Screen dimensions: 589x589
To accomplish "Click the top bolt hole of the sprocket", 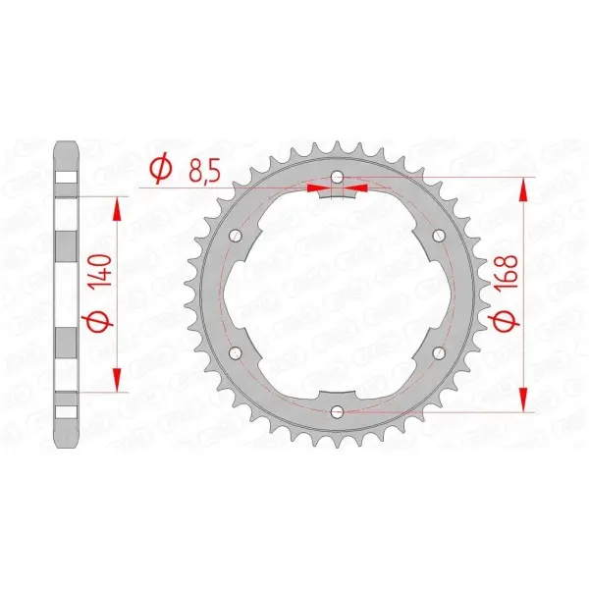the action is pos(337,177).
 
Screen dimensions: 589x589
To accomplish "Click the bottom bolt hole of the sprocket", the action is pos(337,411).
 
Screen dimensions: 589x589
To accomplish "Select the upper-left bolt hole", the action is pos(236,236).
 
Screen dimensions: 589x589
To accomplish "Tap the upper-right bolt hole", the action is pos(439,236).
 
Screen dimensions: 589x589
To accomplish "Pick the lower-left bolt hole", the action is pos(236,352).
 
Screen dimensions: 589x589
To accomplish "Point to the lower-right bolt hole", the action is pos(439,352).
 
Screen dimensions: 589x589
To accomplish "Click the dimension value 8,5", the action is pos(204,171).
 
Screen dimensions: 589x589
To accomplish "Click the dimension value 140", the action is pos(102,271).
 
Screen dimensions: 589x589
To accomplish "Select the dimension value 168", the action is pos(507,272).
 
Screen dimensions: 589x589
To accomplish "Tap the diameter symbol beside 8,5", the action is pos(161,170).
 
